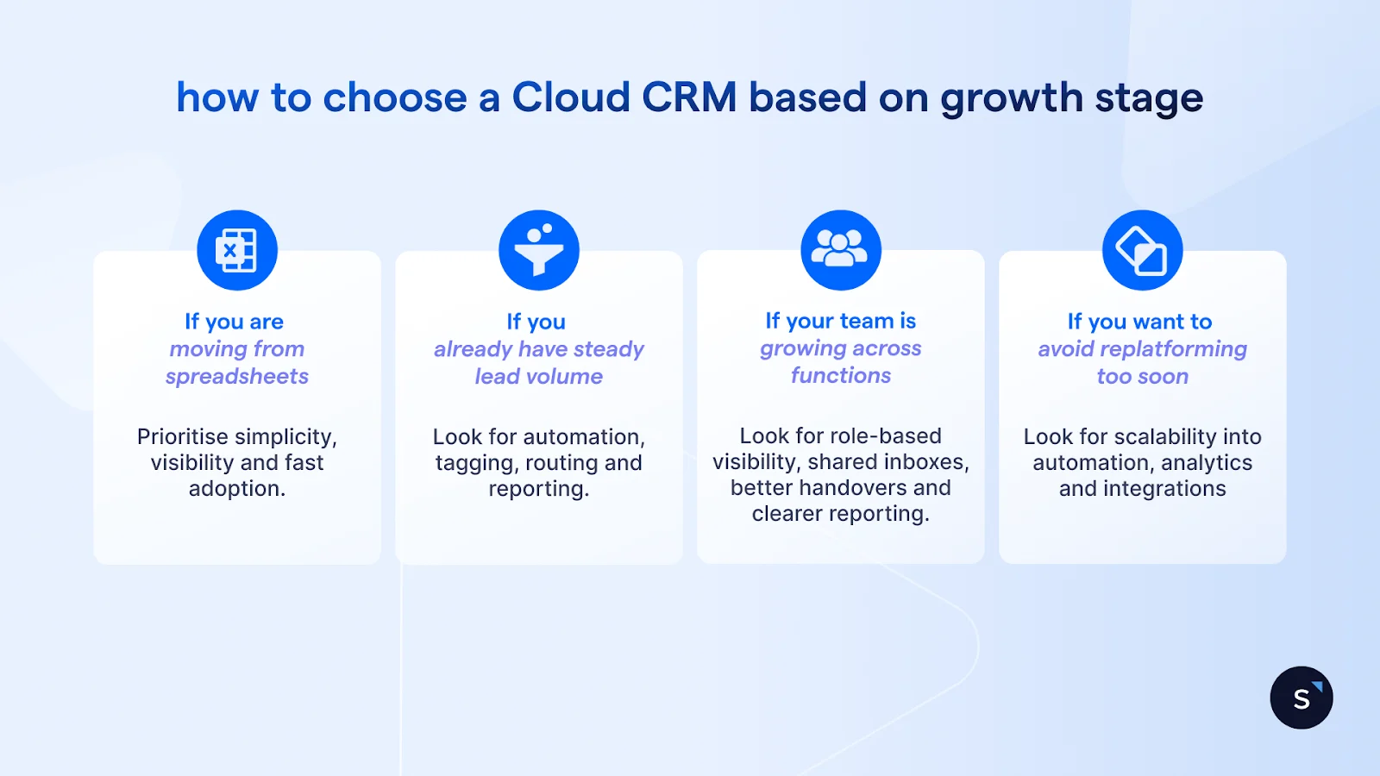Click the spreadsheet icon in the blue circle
pos(237,250)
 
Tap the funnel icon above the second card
pos(539,250)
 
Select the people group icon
pos(841,249)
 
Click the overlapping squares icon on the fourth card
pos(1142,250)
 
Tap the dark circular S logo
pos(1302,698)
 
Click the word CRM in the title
pos(689,97)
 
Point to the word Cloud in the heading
pos(571,97)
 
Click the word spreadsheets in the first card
pos(237,377)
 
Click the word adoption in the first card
pos(235,489)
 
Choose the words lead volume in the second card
pos(539,377)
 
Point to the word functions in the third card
pos(841,376)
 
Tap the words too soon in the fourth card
pos(1142,377)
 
